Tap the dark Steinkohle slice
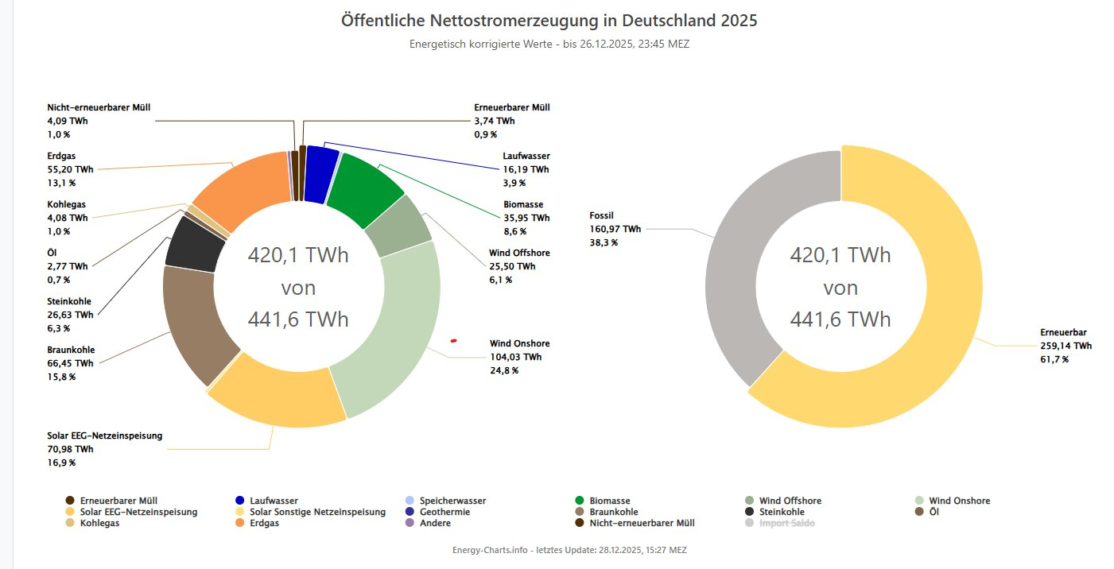point(196,242)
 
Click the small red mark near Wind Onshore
point(453,341)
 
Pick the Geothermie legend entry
point(444,512)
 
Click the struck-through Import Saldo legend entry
point(786,523)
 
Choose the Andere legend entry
point(436,523)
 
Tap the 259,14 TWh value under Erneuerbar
point(1065,346)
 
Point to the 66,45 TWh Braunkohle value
point(70,363)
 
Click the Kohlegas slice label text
point(67,204)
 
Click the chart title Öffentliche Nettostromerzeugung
point(549,20)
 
